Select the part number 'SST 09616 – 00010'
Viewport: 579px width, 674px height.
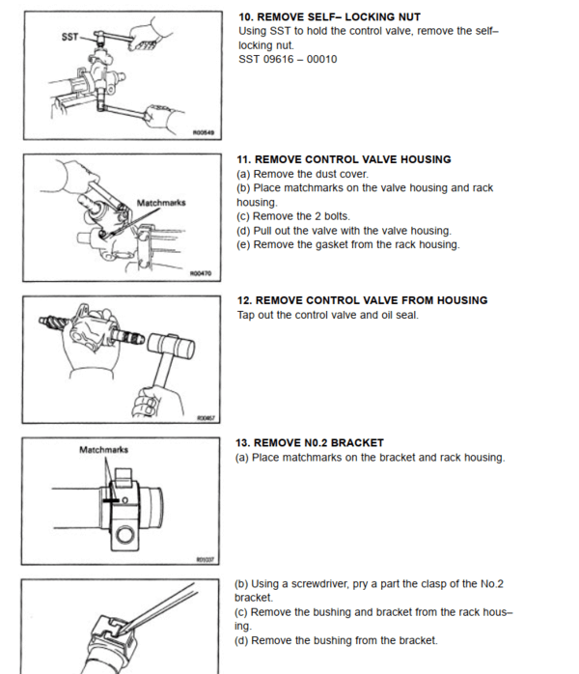click(287, 59)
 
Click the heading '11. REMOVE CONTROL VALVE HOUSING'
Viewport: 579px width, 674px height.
click(344, 159)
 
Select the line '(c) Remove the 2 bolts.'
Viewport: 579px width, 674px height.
click(293, 216)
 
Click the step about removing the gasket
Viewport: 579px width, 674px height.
click(347, 244)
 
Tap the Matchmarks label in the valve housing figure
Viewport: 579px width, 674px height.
click(161, 204)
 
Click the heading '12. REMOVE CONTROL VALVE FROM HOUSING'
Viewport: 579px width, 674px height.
click(362, 300)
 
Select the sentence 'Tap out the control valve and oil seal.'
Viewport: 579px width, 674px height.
click(327, 315)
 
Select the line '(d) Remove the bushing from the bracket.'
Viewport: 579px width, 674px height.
click(337, 640)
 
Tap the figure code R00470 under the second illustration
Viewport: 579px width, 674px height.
click(203, 274)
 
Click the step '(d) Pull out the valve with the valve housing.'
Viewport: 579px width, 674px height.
click(344, 231)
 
